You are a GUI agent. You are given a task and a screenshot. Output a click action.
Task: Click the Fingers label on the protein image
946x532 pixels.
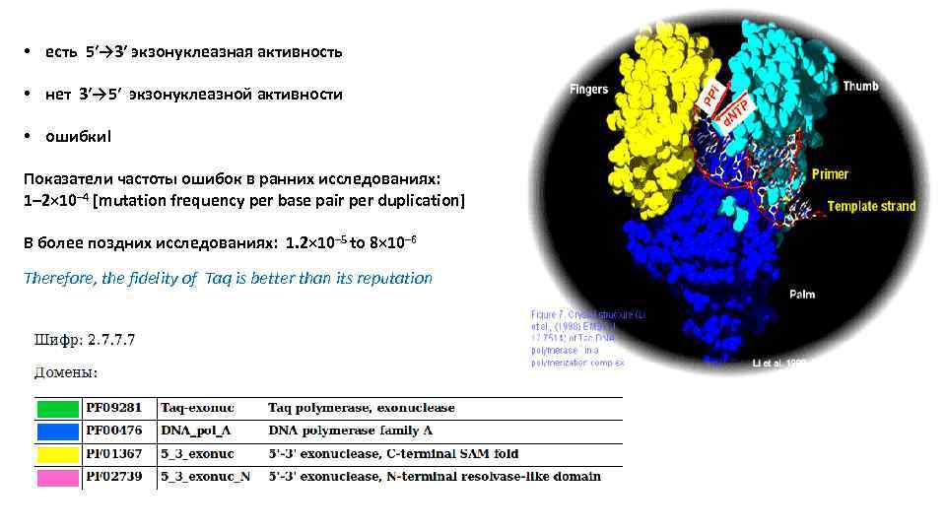pos(589,90)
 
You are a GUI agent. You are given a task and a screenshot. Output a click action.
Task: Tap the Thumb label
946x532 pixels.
pos(859,87)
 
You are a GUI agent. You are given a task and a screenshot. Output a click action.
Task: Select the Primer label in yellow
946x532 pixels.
pos(830,174)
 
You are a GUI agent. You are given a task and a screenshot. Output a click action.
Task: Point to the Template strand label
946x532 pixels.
pos(871,206)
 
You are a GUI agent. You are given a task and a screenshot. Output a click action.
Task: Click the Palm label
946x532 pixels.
pos(801,294)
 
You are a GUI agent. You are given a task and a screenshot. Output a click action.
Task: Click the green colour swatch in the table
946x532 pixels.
pos(57,408)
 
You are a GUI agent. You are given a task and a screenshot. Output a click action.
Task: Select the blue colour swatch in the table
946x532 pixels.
pos(57,431)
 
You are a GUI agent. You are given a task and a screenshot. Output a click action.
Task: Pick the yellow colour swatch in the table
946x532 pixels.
pos(57,454)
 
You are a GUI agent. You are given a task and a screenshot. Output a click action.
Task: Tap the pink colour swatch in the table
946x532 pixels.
pos(57,477)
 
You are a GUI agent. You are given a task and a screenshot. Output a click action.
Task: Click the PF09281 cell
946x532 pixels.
pos(113,408)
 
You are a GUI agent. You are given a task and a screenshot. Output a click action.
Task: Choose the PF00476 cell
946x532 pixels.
pos(113,431)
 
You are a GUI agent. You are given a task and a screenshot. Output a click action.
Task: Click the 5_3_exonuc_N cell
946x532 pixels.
pos(206,477)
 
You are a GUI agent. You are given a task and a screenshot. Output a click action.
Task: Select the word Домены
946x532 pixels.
pos(66,373)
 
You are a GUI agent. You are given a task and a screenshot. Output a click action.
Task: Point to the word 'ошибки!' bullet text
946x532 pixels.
pos(79,136)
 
